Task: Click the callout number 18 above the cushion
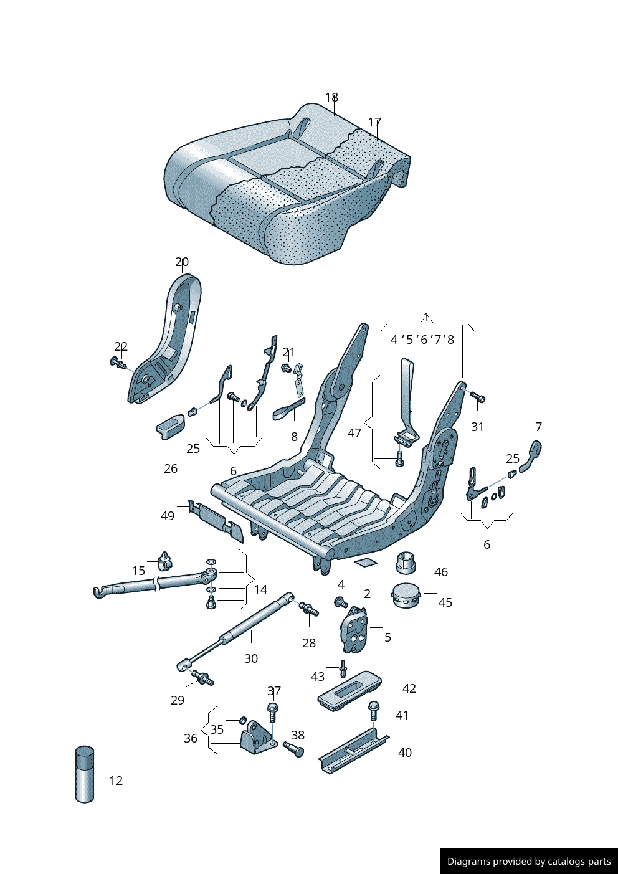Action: coord(331,98)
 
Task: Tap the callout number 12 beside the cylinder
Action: coord(116,781)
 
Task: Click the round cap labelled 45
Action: coord(406,595)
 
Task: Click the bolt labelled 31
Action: coord(477,397)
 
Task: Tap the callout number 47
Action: coord(354,433)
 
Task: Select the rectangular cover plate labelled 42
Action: coord(349,690)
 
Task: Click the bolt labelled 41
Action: coord(374,710)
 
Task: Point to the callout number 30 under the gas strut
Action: coord(251,658)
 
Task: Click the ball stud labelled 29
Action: coord(203,677)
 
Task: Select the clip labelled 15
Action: coord(165,561)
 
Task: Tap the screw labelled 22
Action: coord(118,362)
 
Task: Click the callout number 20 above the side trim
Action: coord(182,262)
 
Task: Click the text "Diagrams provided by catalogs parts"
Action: coord(529,862)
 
